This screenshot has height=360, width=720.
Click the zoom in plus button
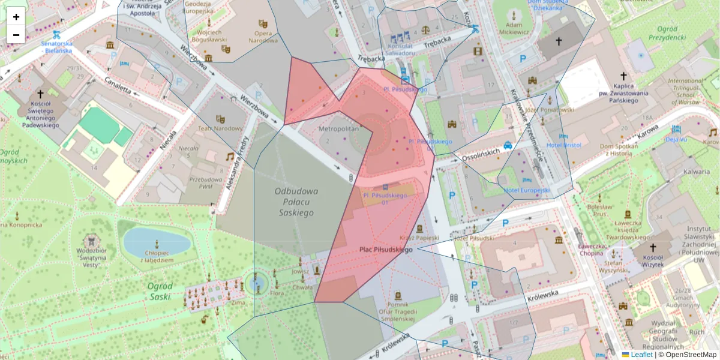point(16,17)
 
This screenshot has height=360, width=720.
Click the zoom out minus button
point(16,35)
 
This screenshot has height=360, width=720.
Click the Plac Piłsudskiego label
point(386,249)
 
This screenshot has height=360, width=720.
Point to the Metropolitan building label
point(338,129)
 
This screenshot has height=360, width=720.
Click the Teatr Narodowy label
point(220,128)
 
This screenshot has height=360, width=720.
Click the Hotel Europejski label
point(527,190)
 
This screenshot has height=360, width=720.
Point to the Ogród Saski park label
point(160,291)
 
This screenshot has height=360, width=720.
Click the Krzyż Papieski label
point(419,238)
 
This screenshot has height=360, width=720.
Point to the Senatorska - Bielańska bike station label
point(56,47)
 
